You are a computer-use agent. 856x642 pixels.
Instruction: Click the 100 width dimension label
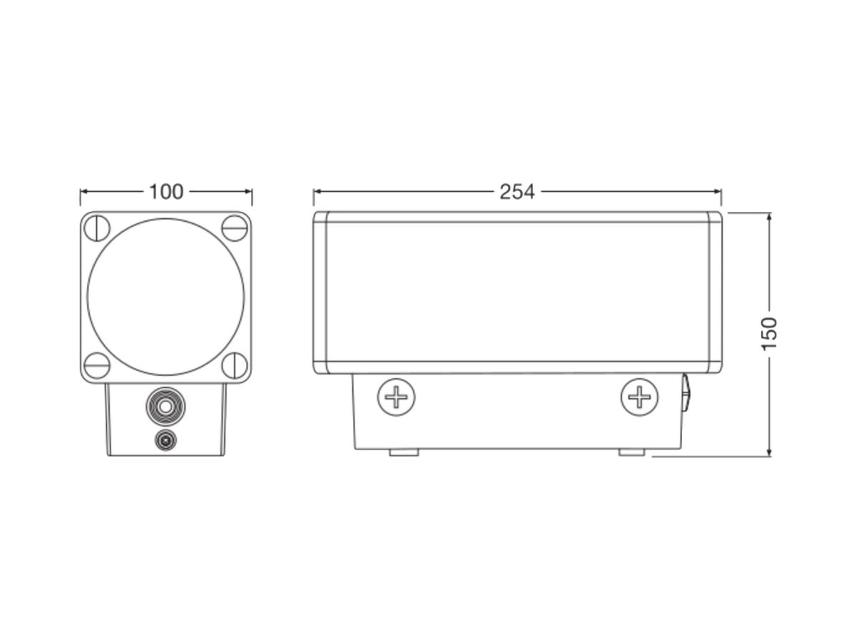166,192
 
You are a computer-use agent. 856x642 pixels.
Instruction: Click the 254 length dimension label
517,192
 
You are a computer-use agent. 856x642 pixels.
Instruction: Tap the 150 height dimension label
770,334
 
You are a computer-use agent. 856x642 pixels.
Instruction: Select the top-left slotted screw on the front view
97,228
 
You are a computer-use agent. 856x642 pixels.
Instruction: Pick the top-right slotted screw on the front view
235,228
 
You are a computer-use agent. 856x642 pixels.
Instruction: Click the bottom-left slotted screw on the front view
97,366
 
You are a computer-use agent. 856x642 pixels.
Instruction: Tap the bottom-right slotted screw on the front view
235,366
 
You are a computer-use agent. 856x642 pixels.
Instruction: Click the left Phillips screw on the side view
396,397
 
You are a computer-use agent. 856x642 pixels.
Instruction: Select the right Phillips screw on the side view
640,397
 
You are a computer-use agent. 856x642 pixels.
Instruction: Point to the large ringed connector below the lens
165,407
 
